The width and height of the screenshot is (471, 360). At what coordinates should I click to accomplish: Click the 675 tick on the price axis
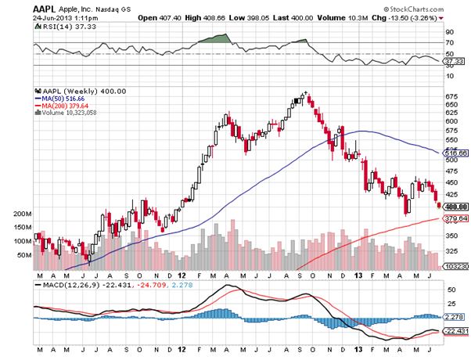coord(450,97)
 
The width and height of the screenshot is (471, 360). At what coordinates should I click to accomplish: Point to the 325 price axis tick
coord(450,251)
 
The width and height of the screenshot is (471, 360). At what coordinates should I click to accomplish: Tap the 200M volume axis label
coord(23,213)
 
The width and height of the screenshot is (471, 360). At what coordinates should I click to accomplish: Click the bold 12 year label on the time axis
coord(181,275)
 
